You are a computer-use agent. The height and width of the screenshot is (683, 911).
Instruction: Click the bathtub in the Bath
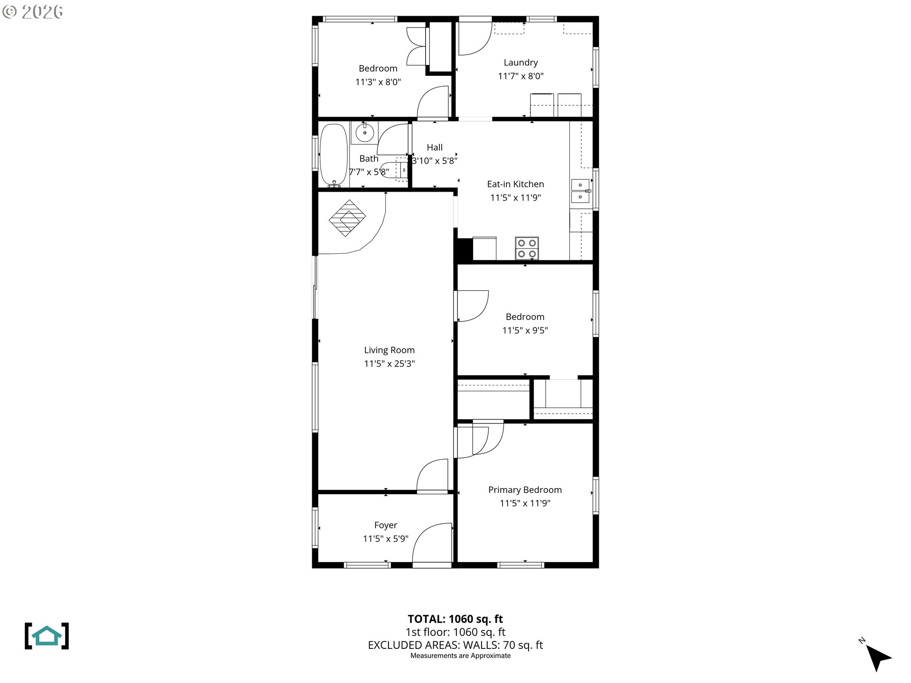334,155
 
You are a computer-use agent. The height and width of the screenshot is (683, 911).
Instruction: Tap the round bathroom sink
364,133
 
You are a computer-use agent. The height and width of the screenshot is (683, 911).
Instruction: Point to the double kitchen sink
580,191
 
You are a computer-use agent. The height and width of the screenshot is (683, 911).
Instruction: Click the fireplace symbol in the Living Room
347,218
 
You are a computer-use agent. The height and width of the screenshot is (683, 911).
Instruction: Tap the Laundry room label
521,63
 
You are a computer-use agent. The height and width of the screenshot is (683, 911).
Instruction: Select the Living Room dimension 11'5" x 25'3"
389,364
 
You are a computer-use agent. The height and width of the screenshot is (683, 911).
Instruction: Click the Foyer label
385,525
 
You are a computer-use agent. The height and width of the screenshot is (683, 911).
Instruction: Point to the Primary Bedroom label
525,490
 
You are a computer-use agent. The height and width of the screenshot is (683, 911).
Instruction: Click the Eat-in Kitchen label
515,184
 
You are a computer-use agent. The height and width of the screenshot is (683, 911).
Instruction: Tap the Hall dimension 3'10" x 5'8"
434,161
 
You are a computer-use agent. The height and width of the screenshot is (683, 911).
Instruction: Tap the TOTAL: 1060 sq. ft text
455,619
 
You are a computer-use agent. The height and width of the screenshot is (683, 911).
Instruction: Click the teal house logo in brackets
46,636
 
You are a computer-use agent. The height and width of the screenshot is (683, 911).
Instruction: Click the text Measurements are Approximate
460,656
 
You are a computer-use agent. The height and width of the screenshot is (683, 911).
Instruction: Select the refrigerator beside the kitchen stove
484,249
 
